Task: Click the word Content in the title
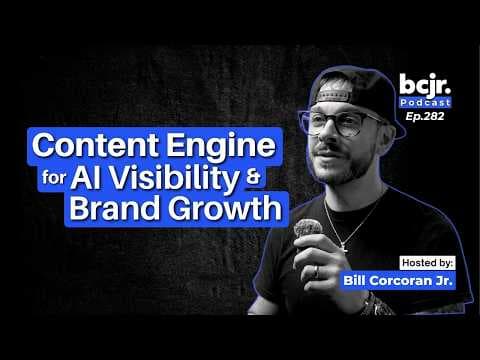[x=95, y=145]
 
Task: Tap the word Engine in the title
[x=221, y=146]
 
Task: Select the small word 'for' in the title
[x=54, y=177]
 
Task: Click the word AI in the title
[x=85, y=177]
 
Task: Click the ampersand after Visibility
[x=254, y=177]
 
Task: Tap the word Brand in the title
[x=115, y=208]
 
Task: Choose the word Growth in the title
[x=225, y=209]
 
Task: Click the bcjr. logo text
[x=425, y=85]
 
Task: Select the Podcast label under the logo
[x=425, y=102]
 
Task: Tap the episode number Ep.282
[x=425, y=116]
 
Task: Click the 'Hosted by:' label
[x=428, y=263]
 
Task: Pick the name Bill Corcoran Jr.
[x=398, y=280]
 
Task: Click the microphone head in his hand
[x=307, y=228]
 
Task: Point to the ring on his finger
[x=316, y=271]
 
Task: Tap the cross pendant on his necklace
[x=344, y=247]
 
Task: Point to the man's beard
[x=343, y=167]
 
